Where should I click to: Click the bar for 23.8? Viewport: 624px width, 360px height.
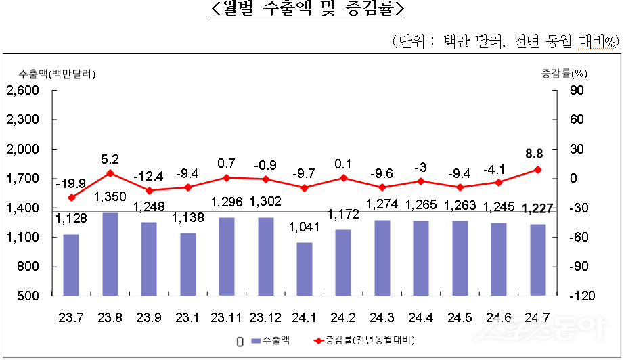point(110,254)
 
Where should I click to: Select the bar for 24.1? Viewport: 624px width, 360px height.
point(305,269)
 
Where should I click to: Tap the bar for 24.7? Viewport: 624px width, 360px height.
point(538,260)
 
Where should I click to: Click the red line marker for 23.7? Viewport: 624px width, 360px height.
point(71,198)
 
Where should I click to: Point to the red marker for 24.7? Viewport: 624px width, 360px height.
point(538,170)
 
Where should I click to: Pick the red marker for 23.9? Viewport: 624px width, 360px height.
point(149,190)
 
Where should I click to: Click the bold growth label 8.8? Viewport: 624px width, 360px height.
point(537,154)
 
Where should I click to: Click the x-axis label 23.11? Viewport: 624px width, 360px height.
point(226,317)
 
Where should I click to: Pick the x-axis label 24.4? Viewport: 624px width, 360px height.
point(421,317)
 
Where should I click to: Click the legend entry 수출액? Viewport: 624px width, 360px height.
point(271,340)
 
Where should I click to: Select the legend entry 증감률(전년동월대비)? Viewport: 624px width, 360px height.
point(365,340)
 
